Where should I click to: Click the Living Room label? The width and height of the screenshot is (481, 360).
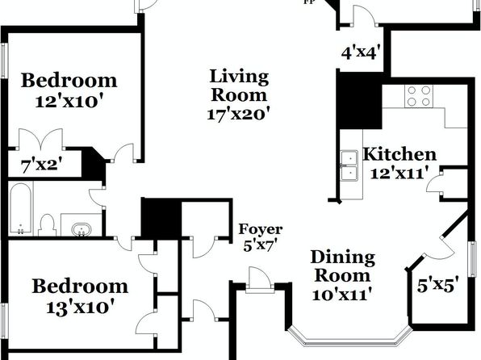(239, 86)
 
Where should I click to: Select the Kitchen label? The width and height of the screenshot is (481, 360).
(399, 154)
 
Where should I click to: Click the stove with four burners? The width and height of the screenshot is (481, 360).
(419, 96)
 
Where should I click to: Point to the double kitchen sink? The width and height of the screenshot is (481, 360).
(349, 166)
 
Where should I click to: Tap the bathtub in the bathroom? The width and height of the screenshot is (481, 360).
(20, 208)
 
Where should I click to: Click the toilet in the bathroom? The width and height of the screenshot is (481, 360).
(47, 225)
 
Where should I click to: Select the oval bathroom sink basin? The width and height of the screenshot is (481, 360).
(82, 229)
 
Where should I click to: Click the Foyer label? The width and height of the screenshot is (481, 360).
(261, 229)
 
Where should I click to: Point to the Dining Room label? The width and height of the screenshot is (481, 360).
(343, 266)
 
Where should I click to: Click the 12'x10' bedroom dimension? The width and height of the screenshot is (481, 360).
(69, 101)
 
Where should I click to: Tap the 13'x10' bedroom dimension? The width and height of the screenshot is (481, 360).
(81, 307)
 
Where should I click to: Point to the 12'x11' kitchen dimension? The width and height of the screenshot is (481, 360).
(399, 174)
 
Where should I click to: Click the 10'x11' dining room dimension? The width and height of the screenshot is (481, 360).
(342, 295)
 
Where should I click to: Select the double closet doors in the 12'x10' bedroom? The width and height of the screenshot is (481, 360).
(41, 139)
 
